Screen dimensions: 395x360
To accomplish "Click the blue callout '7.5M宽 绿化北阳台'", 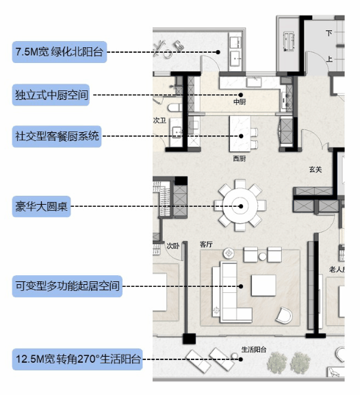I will (x=60, y=52).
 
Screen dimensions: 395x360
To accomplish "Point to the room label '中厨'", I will (x=240, y=102).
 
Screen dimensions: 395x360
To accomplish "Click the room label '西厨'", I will (x=240, y=158).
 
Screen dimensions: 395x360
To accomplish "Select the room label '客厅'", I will (x=206, y=243).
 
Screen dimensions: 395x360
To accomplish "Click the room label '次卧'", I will (x=172, y=244).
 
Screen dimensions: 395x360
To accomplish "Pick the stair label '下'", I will (x=329, y=33).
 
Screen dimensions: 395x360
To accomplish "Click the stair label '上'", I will (x=329, y=59).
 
